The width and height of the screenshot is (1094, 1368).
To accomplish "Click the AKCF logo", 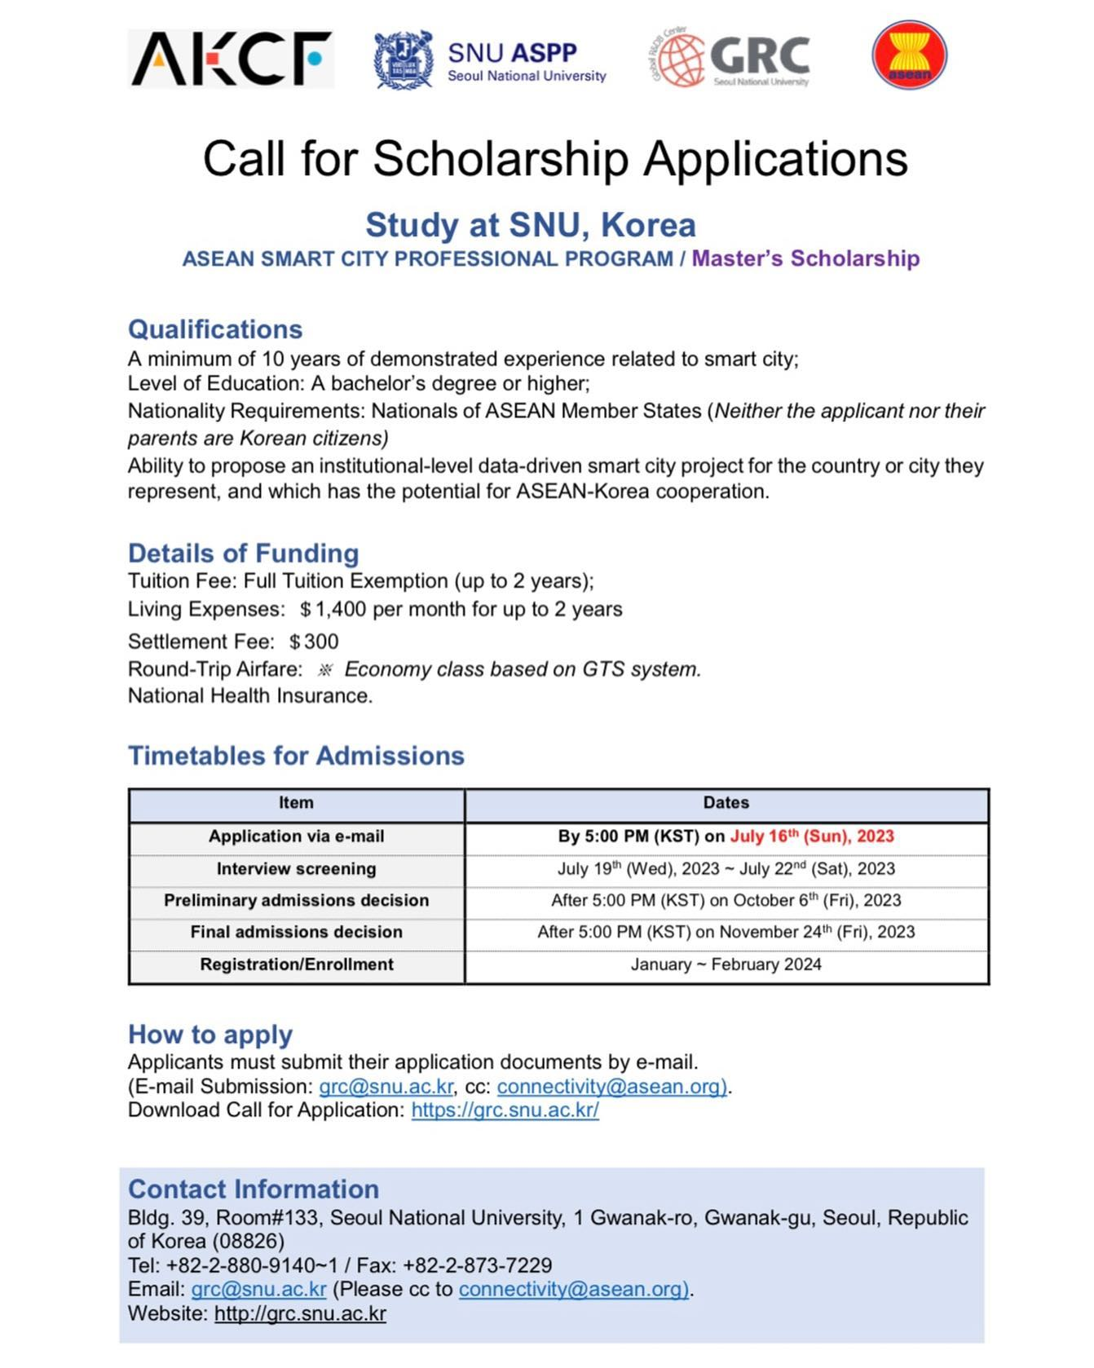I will [x=231, y=59].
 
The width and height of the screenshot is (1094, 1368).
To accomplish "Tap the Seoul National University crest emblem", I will [x=403, y=60].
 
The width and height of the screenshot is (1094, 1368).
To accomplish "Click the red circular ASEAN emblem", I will [x=909, y=55].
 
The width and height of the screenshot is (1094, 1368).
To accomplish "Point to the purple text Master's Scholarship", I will [x=805, y=258].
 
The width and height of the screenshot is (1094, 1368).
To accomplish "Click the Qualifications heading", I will [x=215, y=329].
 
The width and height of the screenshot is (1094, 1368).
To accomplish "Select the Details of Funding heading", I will [x=243, y=554].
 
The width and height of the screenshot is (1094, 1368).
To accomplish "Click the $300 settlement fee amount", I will [x=314, y=642].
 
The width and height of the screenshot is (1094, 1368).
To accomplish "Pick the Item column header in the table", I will [x=296, y=803].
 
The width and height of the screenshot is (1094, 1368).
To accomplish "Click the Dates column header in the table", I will [x=726, y=803].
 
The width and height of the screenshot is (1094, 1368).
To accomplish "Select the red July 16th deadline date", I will [x=811, y=836].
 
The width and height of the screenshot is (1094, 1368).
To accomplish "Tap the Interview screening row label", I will [x=296, y=869].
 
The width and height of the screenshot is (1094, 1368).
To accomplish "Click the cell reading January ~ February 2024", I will [x=726, y=964].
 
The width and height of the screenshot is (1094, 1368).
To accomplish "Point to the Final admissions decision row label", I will [x=296, y=932].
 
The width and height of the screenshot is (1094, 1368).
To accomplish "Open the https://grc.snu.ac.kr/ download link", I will [x=505, y=1110].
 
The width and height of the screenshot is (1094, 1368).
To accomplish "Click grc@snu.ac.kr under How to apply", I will [x=386, y=1087].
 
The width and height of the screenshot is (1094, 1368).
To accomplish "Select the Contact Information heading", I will [x=254, y=1189].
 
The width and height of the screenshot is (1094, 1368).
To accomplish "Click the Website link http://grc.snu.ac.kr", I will [x=300, y=1313].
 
